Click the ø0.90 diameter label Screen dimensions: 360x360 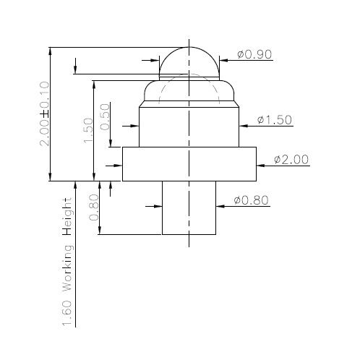pyautogui.click(x=254, y=54)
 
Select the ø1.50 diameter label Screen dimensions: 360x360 pyautogui.click(x=275, y=120)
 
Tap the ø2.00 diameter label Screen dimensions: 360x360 pyautogui.click(x=292, y=159)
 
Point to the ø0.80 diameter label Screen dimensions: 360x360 pyautogui.click(x=252, y=200)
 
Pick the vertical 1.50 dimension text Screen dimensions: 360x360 pyautogui.click(x=87, y=131)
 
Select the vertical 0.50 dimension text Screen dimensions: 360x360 pyautogui.click(x=106, y=116)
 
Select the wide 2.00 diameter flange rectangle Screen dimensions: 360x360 pyautogui.click(x=189, y=163)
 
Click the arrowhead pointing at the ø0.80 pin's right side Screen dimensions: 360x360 pyautogui.click(x=221, y=206)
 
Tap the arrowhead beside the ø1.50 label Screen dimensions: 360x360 pyautogui.click(x=245, y=126)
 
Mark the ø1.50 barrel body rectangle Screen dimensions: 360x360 pyautogui.click(x=189, y=127)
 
